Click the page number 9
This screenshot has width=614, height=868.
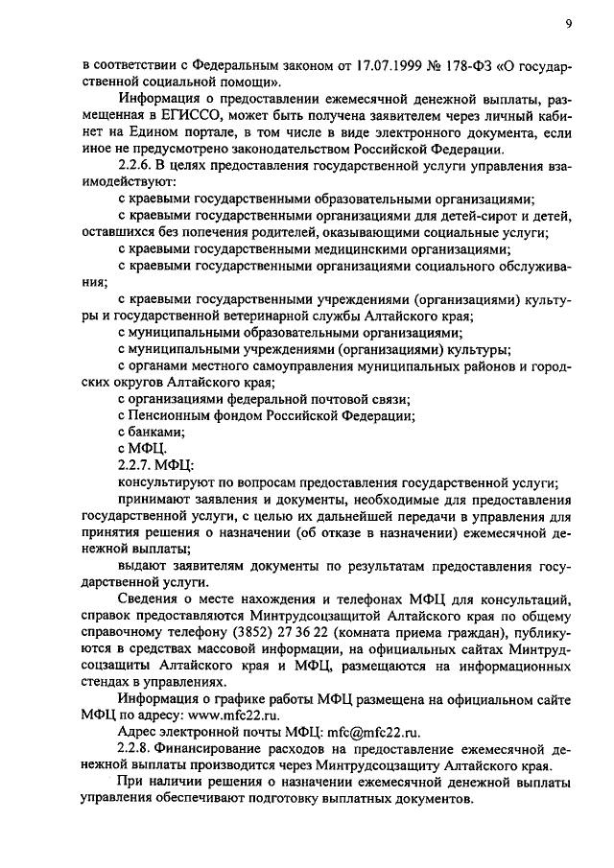(567, 24)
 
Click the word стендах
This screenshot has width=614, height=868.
(106, 681)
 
